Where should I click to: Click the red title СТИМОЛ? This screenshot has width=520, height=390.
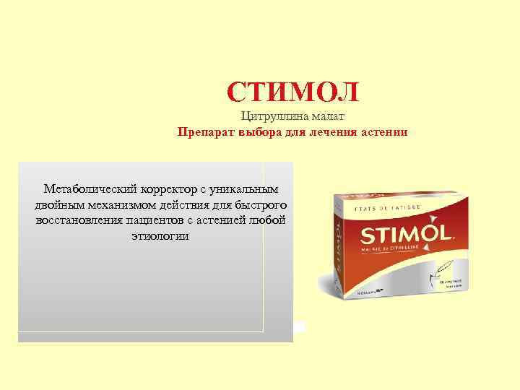coord(292,92)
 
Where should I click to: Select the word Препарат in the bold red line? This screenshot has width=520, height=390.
coord(205,132)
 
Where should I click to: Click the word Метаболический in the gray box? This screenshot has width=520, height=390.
coord(88,189)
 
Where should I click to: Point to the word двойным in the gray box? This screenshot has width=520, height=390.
coord(58,205)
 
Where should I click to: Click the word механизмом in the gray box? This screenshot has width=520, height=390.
coord(119,205)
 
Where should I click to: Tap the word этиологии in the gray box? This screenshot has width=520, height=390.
coord(160,236)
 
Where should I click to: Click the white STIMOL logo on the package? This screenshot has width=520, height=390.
coord(405,234)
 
